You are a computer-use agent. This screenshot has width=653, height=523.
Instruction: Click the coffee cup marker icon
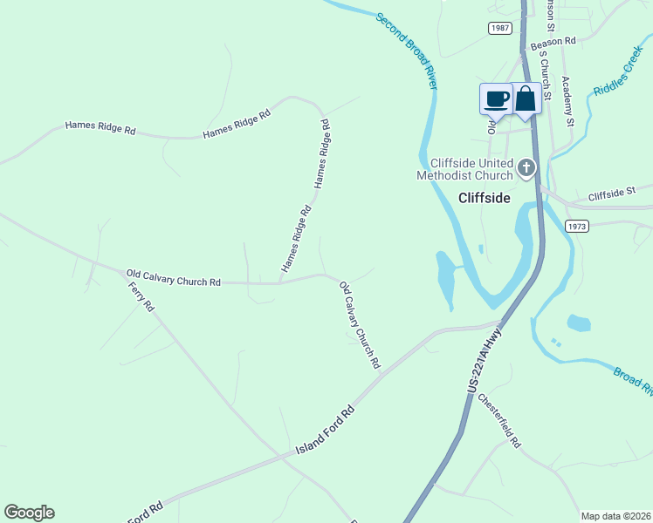497,98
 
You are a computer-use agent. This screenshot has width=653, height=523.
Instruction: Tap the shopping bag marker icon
525,98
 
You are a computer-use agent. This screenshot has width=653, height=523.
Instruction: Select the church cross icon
526,166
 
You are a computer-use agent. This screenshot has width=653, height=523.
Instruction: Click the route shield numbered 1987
499,29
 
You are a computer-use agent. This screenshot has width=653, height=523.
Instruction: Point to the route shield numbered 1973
576,226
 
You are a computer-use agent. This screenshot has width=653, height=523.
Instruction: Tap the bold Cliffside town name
484,198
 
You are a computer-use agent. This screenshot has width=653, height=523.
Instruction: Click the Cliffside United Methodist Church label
471,169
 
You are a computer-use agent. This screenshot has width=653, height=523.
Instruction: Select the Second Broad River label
407,51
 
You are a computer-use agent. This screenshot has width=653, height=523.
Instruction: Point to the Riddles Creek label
617,71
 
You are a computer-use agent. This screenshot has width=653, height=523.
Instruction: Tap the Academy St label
567,102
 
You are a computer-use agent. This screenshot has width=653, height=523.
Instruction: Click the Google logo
29,513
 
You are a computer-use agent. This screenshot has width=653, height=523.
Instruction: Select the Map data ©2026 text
615,516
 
